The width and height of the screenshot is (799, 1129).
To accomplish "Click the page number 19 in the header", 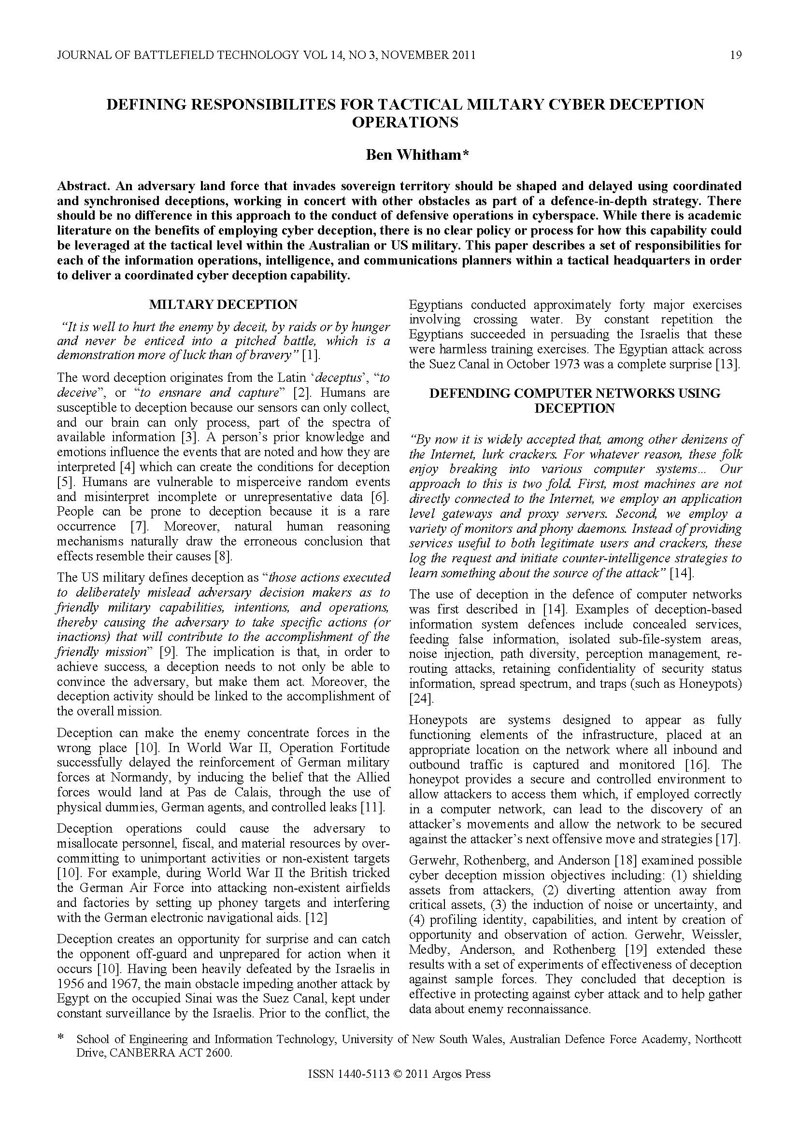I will click(x=736, y=55).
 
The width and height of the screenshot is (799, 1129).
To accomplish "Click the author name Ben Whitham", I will click(x=417, y=155).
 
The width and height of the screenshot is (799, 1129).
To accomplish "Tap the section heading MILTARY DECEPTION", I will click(x=223, y=305).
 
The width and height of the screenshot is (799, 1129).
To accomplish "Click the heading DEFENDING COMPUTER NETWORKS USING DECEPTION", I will click(x=575, y=400).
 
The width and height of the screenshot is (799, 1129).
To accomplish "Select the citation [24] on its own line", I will click(x=418, y=698).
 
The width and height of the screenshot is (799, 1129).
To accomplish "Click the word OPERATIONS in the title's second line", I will click(x=405, y=123).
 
